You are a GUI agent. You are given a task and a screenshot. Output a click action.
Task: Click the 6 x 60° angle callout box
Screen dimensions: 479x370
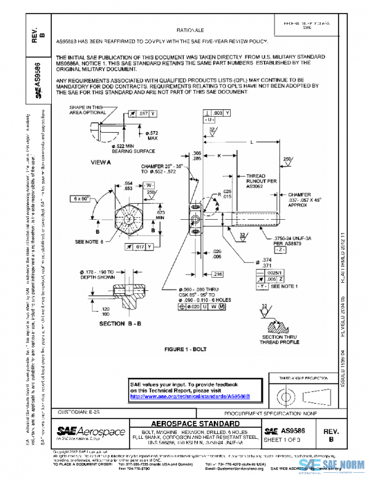[x=80, y=199]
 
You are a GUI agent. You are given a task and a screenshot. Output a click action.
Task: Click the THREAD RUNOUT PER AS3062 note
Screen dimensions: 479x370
[x=255, y=180]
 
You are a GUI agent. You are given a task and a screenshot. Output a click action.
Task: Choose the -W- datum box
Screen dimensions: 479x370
[x=149, y=185]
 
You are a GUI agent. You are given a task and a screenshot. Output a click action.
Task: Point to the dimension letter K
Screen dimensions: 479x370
[x=218, y=157]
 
